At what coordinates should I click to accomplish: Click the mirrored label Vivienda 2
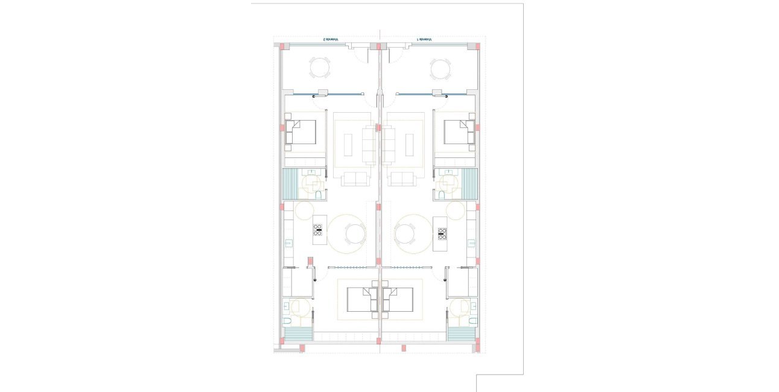coord(330,40)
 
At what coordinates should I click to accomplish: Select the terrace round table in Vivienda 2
coord(320,68)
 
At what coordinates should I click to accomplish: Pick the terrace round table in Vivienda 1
coord(440,68)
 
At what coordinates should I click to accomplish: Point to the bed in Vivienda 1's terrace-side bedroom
coord(459,132)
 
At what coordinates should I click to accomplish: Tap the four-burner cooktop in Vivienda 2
coord(318,229)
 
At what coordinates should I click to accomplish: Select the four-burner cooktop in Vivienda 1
coord(442,233)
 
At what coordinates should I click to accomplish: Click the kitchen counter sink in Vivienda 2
coord(288,244)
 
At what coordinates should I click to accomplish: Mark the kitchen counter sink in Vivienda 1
coord(472,244)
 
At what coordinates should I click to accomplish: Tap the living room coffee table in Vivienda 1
coord(410,145)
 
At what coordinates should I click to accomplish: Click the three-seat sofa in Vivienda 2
coord(369,145)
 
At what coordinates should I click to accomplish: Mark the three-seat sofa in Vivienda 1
coord(390,145)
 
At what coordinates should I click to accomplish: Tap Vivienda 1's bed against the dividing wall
coord(399,300)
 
